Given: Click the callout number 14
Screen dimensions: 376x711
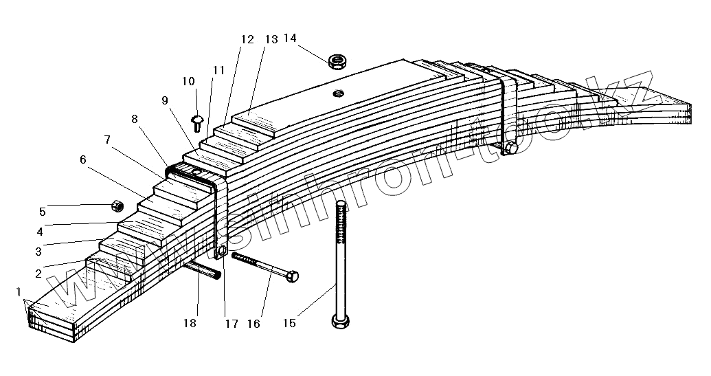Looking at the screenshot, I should (290, 38).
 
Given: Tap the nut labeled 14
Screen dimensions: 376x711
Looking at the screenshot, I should (337, 62).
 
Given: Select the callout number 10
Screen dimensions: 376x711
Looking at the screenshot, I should (189, 82).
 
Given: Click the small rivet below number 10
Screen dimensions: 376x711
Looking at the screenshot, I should (197, 123).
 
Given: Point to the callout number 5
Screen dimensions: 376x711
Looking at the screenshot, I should (42, 211).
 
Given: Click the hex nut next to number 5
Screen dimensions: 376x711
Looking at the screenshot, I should (117, 205).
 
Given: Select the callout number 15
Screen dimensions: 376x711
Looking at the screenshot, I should (289, 322).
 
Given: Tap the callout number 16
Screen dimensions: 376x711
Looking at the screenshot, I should (253, 323).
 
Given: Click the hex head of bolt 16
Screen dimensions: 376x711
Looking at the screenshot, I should (291, 276).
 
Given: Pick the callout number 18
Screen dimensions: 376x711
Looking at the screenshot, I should (190, 323).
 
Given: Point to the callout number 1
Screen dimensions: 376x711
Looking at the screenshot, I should (20, 294).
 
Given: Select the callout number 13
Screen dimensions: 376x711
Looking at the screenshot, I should (271, 39).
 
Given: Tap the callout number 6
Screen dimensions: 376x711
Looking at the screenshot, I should (83, 159).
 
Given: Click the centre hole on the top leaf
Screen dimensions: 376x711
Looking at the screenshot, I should (337, 93).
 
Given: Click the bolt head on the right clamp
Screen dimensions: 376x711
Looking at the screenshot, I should (510, 148).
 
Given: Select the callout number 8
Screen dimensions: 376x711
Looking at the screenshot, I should (135, 118).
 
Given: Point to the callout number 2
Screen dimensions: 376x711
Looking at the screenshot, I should (38, 273).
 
